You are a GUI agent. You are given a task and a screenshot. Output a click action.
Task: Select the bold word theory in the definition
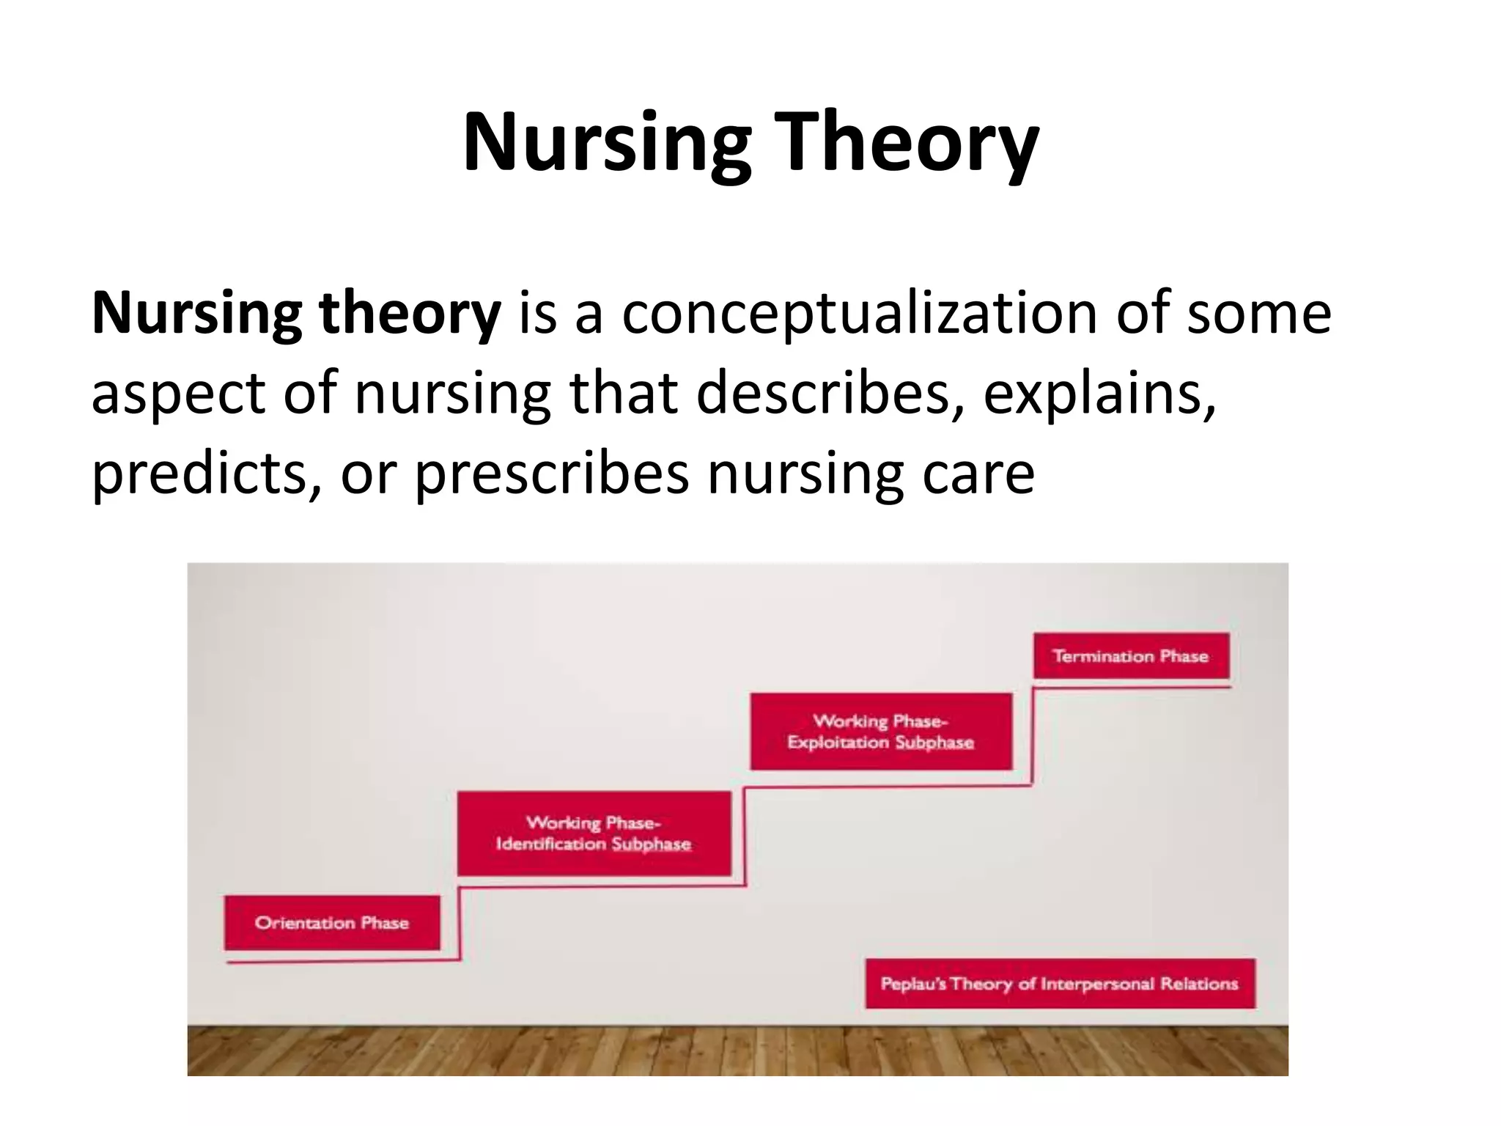tap(409, 313)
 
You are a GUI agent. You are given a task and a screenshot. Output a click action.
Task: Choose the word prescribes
tap(551, 473)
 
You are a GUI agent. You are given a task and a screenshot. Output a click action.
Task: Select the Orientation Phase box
tap(332, 922)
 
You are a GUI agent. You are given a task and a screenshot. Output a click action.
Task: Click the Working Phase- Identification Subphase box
tap(594, 834)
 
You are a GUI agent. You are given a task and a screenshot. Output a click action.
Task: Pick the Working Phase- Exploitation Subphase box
tap(881, 732)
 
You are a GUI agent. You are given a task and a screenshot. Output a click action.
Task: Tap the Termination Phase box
tap(1131, 656)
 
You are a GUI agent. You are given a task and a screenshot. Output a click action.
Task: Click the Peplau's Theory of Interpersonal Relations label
tap(1060, 984)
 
